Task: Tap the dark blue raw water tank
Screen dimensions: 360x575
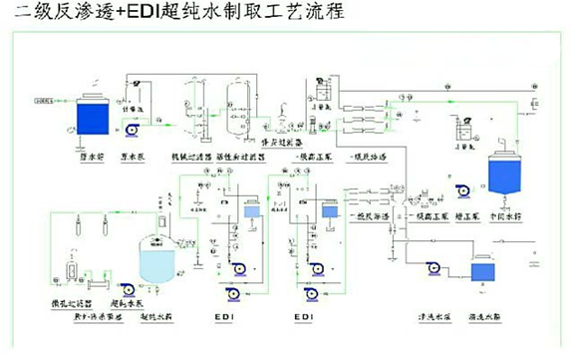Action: click(92, 118)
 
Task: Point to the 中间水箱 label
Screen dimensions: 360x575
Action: click(506, 213)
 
